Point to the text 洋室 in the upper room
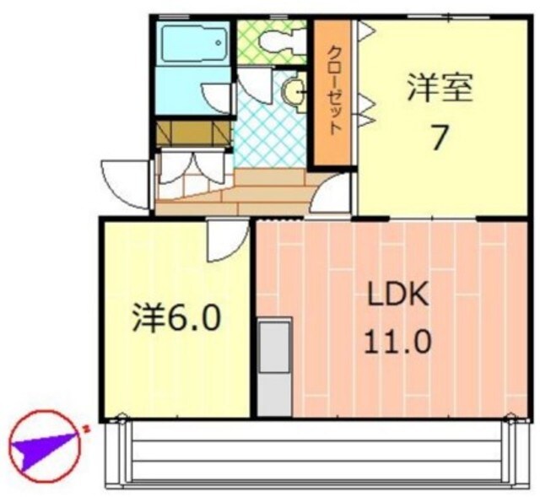click(x=438, y=89)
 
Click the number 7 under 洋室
click(x=438, y=137)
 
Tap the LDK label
click(x=398, y=297)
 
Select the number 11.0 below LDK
click(x=398, y=343)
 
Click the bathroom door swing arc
click(x=219, y=97)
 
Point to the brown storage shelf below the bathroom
click(x=193, y=132)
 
